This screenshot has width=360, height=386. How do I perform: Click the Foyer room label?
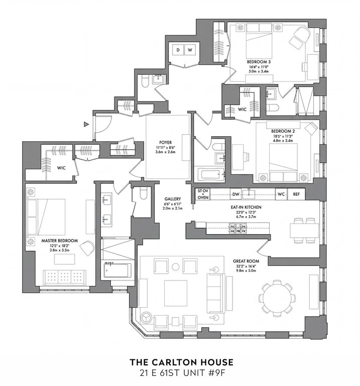click(166, 143)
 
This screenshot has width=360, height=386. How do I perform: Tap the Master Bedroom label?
click(60, 241)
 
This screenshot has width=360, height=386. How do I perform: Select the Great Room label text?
click(246, 261)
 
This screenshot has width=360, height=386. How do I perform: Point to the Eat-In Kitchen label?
click(246, 207)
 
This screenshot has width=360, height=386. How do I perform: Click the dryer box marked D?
click(178, 50)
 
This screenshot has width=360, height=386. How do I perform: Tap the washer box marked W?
click(190, 50)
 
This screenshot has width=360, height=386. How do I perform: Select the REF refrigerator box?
click(296, 194)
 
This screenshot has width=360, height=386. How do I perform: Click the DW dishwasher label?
click(235, 195)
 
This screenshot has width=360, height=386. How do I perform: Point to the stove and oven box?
click(203, 194)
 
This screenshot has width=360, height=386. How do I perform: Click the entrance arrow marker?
click(86, 125)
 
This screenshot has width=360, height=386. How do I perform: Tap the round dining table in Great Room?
click(277, 299)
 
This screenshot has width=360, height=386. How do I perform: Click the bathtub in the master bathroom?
click(116, 270)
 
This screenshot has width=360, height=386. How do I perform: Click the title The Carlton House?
click(181, 362)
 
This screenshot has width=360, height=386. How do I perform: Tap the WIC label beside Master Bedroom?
click(61, 168)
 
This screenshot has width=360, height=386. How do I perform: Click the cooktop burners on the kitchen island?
click(238, 228)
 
